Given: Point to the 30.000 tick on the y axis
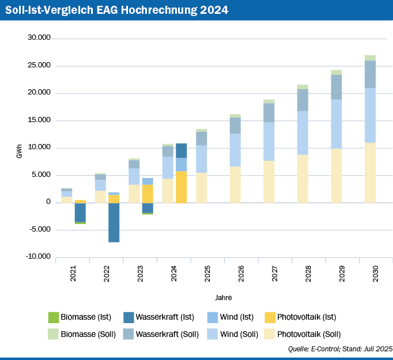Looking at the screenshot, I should click(39, 38).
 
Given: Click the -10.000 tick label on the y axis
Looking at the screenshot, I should click(38, 257).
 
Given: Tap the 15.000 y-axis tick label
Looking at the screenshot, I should click(39, 120).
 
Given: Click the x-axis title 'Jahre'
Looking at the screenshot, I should click(223, 298).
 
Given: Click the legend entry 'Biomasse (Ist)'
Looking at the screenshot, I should click(81, 317).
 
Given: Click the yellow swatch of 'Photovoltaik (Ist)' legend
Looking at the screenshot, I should click(269, 317).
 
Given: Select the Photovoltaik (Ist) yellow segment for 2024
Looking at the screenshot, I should click(182, 187).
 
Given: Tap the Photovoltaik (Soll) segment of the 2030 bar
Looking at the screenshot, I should click(370, 172).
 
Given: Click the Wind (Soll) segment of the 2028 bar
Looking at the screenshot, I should click(303, 132).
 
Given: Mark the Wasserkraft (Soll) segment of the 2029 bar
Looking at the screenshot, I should click(337, 87).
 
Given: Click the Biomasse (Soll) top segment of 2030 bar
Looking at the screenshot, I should click(370, 58).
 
